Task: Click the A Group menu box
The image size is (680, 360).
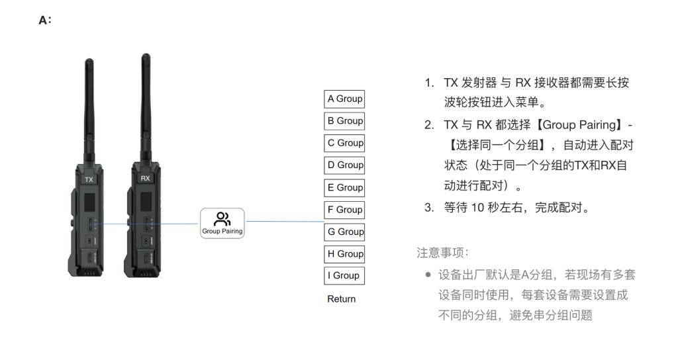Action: pyautogui.click(x=344, y=99)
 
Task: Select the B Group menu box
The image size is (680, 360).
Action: pyautogui.click(x=344, y=121)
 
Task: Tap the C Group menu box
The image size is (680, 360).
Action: pyautogui.click(x=344, y=143)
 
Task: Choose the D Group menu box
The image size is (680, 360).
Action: pyautogui.click(x=344, y=165)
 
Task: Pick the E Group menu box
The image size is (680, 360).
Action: pyautogui.click(x=344, y=187)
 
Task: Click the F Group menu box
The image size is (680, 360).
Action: pyautogui.click(x=344, y=210)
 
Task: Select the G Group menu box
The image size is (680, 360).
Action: pyautogui.click(x=344, y=232)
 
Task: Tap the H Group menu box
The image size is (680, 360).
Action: pyautogui.click(x=344, y=254)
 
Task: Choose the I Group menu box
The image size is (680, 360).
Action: pyautogui.click(x=344, y=275)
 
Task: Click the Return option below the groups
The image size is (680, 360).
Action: pyautogui.click(x=341, y=299)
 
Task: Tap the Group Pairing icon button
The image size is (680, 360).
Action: pyautogui.click(x=222, y=223)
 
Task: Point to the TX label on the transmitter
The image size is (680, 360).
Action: pyautogui.click(x=89, y=179)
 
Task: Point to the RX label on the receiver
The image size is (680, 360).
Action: pyautogui.click(x=145, y=178)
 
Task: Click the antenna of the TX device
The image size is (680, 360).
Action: pyautogui.click(x=89, y=111)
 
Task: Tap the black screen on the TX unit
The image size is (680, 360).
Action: pyautogui.click(x=89, y=202)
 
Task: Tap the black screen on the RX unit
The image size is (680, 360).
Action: pyautogui.click(x=146, y=201)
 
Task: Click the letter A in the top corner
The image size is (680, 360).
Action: pyautogui.click(x=43, y=21)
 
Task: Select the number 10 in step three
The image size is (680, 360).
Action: pyautogui.click(x=477, y=208)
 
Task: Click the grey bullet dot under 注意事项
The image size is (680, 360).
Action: pyautogui.click(x=428, y=275)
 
